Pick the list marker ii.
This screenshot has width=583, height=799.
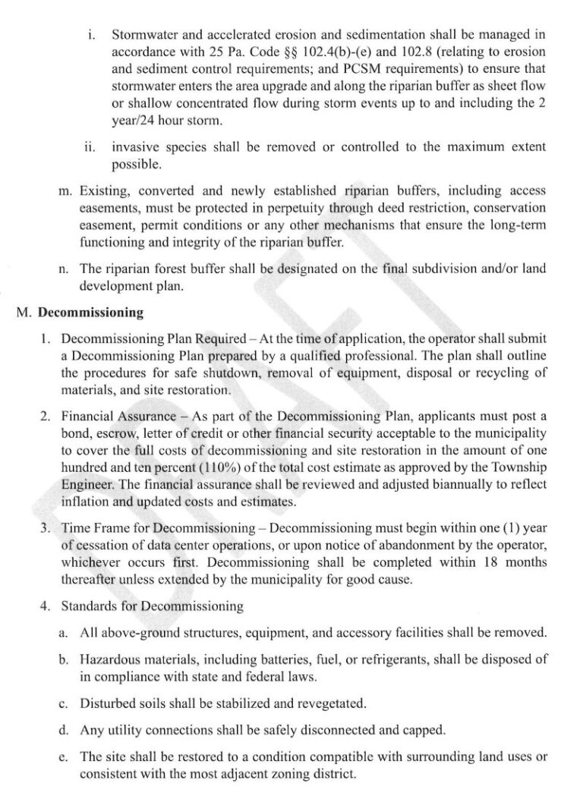click(x=89, y=147)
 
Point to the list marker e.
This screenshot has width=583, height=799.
click(x=65, y=757)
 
